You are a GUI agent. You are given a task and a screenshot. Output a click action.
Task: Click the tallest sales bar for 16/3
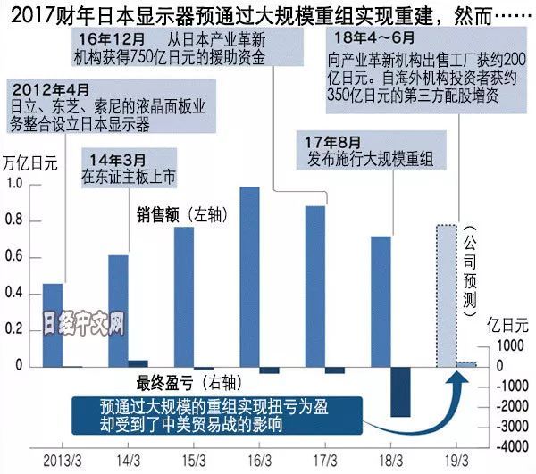(x=250, y=277)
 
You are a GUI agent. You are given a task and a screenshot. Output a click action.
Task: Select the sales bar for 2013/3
(x=53, y=325)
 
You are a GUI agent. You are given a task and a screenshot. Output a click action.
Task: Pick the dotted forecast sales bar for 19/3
(x=448, y=295)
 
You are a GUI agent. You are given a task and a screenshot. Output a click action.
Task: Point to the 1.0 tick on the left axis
(x=13, y=184)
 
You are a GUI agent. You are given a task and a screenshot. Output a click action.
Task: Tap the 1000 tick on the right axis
(x=506, y=346)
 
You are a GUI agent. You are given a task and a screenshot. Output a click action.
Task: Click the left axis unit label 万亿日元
(x=29, y=163)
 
